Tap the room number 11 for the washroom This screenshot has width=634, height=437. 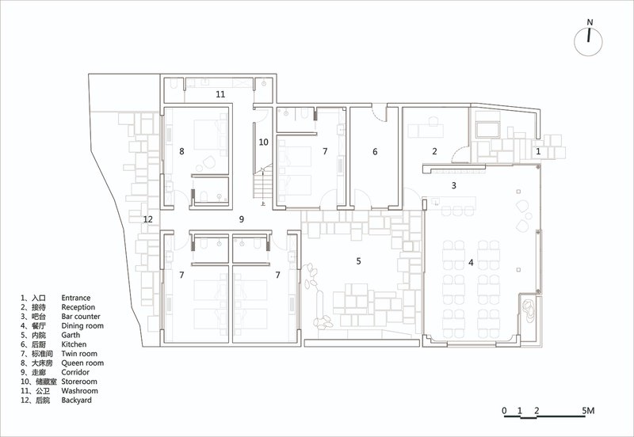pos(220,94)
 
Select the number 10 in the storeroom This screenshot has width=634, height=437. pos(264,142)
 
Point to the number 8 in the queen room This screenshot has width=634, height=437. pos(182,151)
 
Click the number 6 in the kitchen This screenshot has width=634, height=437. pos(375,151)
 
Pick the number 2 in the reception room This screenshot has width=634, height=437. pos(434,151)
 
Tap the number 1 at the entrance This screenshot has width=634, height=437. pos(538,151)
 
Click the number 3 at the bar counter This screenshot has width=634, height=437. pos(454,185)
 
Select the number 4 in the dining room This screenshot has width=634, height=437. pos(471,263)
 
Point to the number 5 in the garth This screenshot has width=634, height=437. pos(359,261)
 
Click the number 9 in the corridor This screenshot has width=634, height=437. pos(242,219)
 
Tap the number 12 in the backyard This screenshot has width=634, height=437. pos(148,219)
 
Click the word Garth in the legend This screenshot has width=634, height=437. pos(71,335)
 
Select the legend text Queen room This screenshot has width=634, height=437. pos(82,363)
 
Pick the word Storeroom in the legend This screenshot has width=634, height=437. pos(79,382)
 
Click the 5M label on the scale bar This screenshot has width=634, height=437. pos(588,411)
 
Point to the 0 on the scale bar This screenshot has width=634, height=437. pos(504,411)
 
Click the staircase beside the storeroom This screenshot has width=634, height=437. pos(263,183)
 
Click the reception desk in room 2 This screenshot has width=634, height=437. pos(426,131)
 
